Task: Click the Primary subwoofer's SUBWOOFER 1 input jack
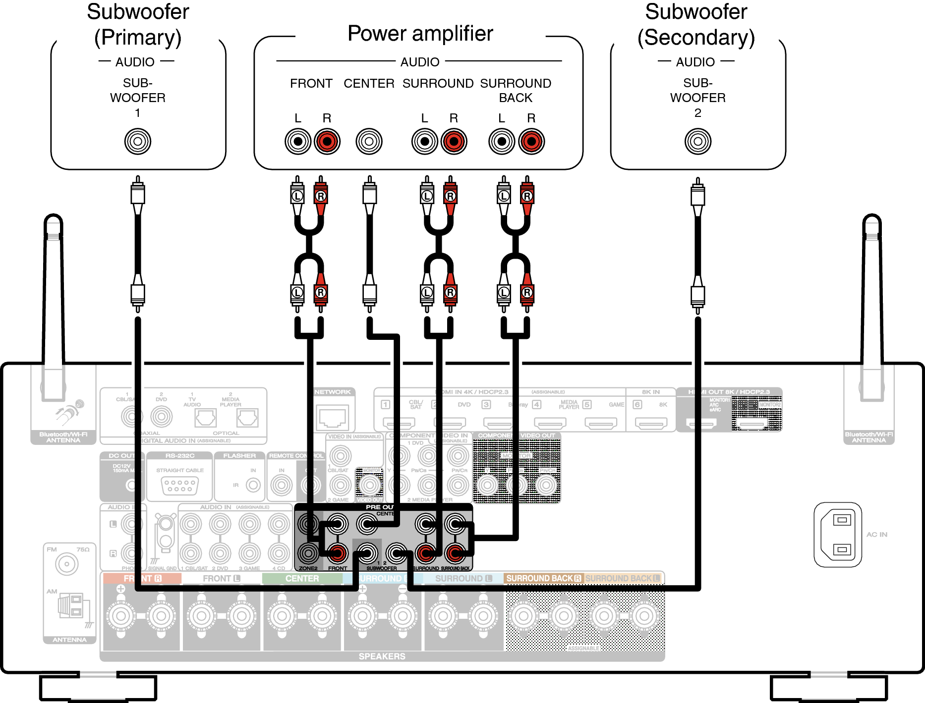(138, 141)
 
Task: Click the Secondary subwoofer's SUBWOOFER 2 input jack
(697, 141)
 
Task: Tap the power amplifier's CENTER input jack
(369, 141)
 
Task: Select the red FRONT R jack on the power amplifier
(327, 141)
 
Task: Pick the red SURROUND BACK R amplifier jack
(531, 141)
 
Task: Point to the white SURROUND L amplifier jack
(424, 141)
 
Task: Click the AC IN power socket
(838, 535)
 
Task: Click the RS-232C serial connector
(180, 485)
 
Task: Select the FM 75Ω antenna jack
(66, 564)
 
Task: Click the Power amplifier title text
(420, 34)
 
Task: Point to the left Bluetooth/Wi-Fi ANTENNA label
(63, 437)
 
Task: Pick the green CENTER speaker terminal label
(302, 578)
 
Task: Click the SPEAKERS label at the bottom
(382, 656)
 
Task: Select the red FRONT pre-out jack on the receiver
(337, 552)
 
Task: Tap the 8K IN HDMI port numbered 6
(651, 423)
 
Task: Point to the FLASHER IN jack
(253, 485)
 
